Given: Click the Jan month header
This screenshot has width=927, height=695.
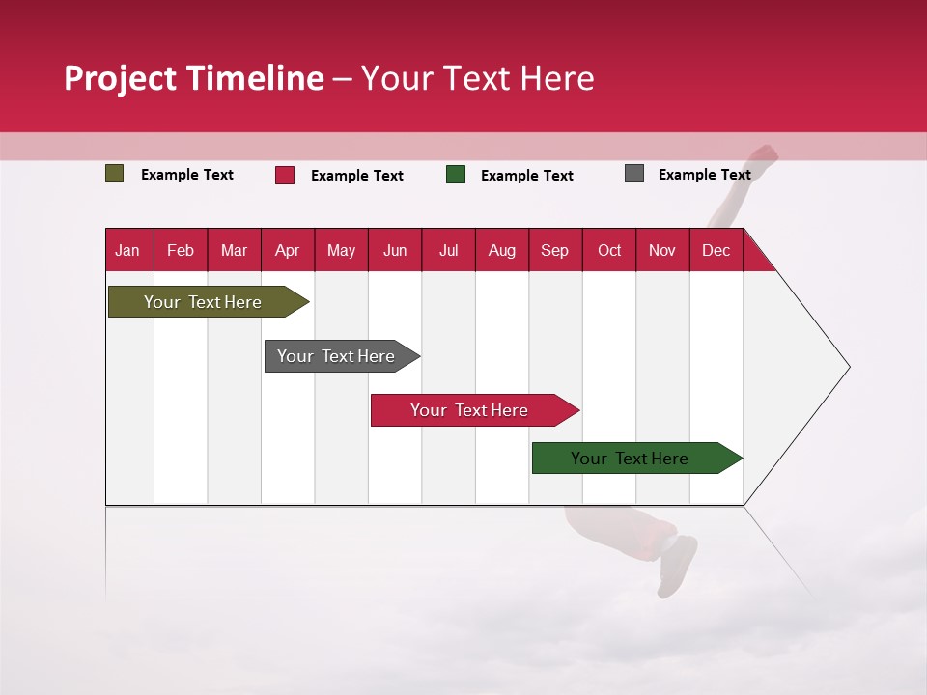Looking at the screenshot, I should [127, 250].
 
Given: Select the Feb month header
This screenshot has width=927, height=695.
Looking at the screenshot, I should [181, 250].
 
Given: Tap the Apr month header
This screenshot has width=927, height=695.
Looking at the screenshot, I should [287, 250].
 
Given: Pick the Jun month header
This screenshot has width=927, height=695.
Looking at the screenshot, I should [395, 250].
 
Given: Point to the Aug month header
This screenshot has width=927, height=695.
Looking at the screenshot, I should [501, 250].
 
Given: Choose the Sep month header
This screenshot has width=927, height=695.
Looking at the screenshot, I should [554, 250].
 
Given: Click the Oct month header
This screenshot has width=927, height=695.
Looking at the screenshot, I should [609, 250].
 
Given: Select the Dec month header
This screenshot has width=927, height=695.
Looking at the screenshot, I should [716, 250].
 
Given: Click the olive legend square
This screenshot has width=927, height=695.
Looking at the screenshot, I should [115, 174].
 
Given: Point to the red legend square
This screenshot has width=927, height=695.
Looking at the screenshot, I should [285, 175].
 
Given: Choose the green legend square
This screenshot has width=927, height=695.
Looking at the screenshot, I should [456, 175].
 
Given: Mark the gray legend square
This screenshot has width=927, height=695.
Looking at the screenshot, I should [634, 174].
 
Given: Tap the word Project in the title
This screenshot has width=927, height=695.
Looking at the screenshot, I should [121, 78].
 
